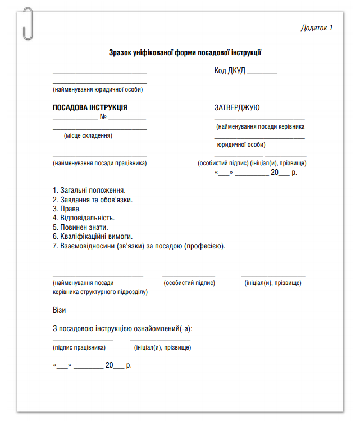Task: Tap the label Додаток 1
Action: (x=317, y=28)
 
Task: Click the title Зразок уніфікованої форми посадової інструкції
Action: (x=185, y=53)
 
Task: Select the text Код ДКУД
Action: (x=230, y=71)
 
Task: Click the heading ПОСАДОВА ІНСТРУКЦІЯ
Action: (x=90, y=107)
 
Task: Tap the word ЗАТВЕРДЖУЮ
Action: (x=237, y=107)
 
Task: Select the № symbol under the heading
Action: (x=103, y=117)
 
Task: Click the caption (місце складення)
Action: (x=88, y=135)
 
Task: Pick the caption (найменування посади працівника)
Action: (x=99, y=163)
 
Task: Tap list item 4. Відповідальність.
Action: (x=84, y=218)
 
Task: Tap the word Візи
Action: (x=59, y=310)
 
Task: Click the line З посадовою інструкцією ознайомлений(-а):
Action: (x=126, y=328)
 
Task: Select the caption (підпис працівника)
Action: (x=79, y=347)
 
